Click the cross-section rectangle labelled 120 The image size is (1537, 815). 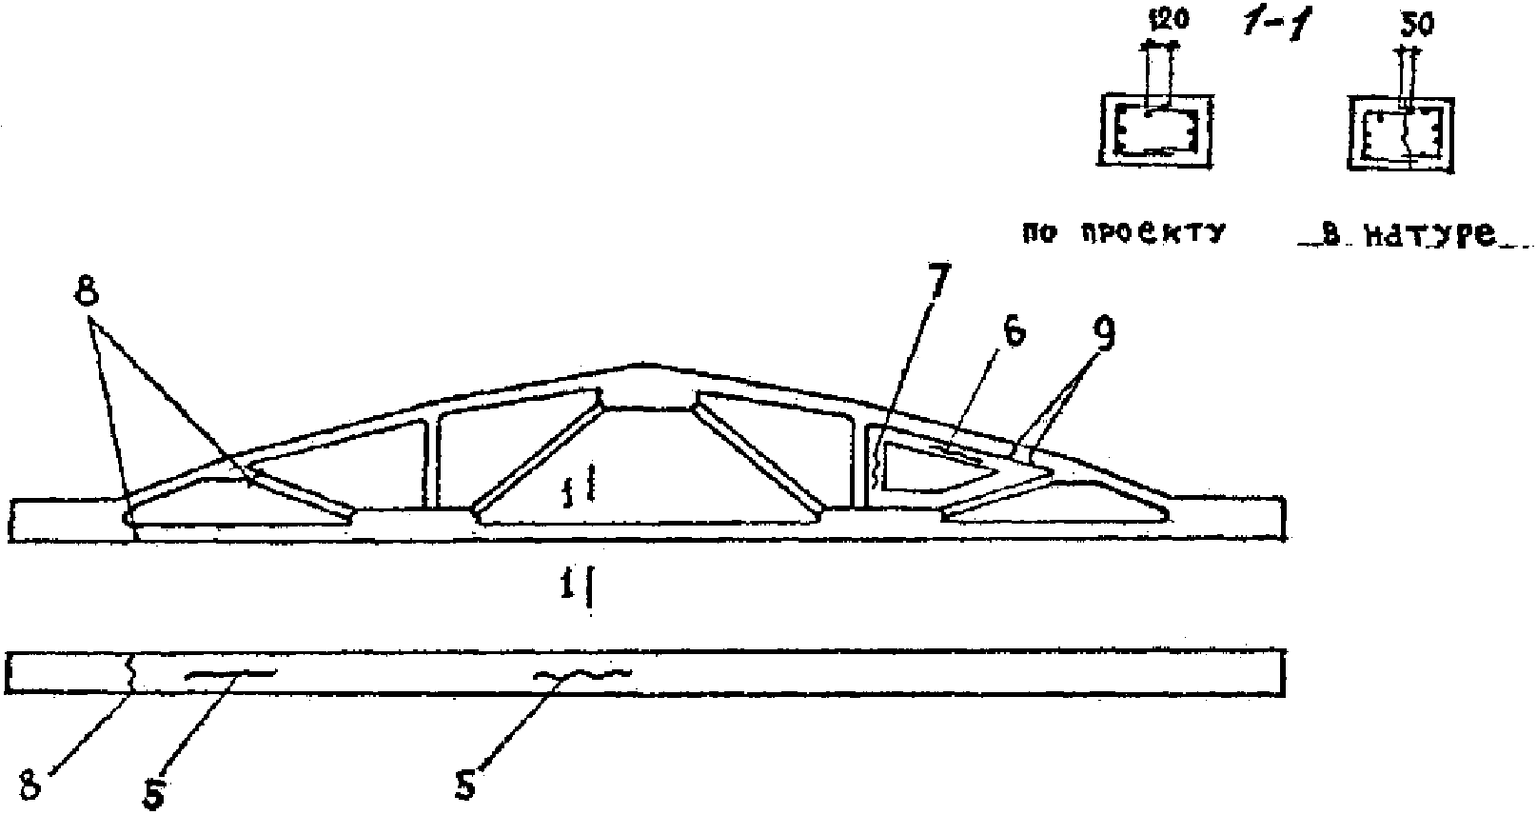point(1156,130)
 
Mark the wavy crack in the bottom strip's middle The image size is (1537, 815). point(581,674)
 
